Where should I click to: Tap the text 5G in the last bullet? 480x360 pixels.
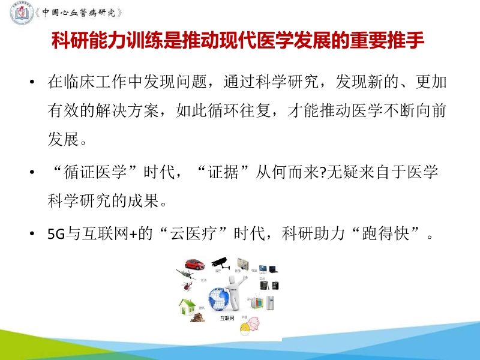pyautogui.click(x=55, y=233)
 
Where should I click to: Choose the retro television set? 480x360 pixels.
pyautogui.click(x=243, y=265)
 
